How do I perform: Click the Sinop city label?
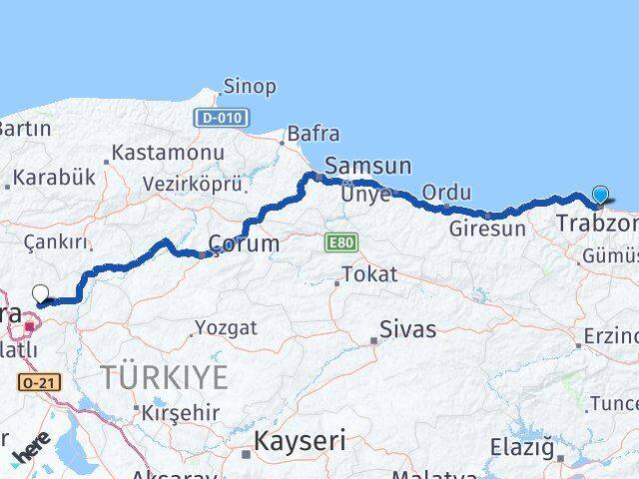(x=250, y=87)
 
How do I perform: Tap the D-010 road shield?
(x=221, y=118)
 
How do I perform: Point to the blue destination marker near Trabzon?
(x=600, y=195)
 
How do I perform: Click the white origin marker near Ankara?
(x=41, y=293)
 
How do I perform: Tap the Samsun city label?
(x=368, y=167)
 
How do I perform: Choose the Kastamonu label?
(x=167, y=153)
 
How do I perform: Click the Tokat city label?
(x=368, y=273)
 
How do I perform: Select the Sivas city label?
(x=407, y=328)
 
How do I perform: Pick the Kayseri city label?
(x=299, y=440)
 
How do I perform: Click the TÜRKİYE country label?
(x=164, y=378)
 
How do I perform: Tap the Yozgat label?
(x=226, y=327)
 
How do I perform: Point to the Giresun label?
(x=487, y=229)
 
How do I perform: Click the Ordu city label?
(x=445, y=192)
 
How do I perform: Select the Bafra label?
(x=314, y=134)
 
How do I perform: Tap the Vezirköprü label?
(x=193, y=185)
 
